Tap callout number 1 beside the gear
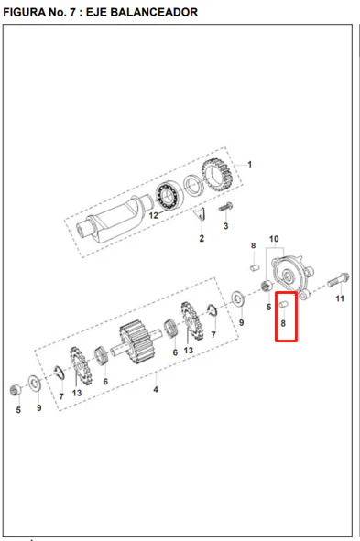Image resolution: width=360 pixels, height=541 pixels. coord(249,165)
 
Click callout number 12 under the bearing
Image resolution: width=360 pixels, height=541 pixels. coord(153,216)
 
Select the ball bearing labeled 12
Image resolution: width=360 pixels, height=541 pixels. coord(167,195)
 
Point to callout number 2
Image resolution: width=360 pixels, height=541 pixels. coord(202,238)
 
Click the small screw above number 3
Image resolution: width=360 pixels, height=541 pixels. coord(225,207)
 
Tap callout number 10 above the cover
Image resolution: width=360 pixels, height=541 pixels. coord(274,239)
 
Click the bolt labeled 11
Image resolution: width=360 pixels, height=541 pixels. coord(338,280)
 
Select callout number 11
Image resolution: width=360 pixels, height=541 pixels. coord(340,298)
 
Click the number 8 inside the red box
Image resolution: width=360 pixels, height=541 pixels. coord(283,323)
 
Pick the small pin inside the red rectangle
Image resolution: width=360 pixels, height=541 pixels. coord(283,304)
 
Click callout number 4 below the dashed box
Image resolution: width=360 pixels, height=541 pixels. coord(156,390)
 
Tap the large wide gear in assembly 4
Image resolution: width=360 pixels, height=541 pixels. coord(136,342)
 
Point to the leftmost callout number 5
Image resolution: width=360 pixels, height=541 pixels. coord(18,410)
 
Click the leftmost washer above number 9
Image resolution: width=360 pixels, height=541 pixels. coord(35,384)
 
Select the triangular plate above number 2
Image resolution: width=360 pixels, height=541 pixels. coord(200,214)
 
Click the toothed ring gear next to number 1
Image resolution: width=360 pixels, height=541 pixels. coord(217,176)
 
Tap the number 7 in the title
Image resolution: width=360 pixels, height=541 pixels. coord(73,12)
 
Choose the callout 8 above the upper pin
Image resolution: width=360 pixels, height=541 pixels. coord(254,245)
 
